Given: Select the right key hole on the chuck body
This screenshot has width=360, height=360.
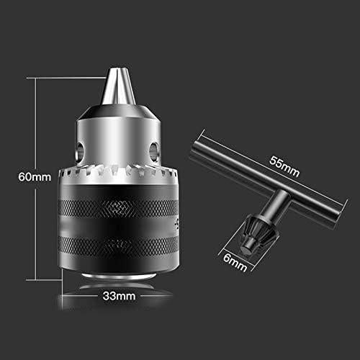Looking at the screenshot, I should click(154, 150).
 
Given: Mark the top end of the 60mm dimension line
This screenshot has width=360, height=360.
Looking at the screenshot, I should click(35, 78).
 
